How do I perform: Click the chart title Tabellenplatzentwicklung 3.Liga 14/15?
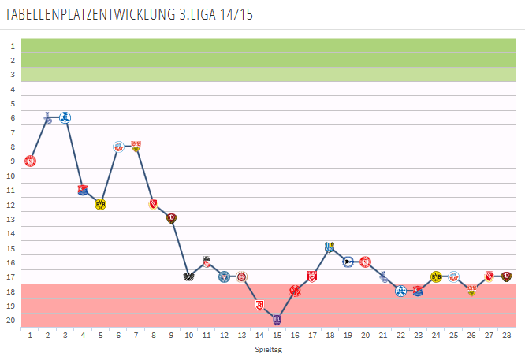pos(130,15)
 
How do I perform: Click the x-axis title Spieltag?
pos(269,349)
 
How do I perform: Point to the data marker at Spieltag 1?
pos(30,161)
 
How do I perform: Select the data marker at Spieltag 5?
pos(100,204)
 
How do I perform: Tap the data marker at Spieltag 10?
pos(188,276)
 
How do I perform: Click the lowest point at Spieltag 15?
pos(277,319)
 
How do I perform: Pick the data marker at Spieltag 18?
pos(330,247)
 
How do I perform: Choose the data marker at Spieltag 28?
pos(506,276)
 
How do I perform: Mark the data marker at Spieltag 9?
pos(171,218)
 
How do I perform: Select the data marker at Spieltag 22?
pos(400,291)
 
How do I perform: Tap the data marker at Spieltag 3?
pos(65,117)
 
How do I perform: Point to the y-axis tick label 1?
pos(13,46)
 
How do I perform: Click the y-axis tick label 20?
pos(11,320)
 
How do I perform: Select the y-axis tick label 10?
pos(11,176)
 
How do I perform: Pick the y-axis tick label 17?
pos(11,276)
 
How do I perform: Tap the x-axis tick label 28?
pos(506,335)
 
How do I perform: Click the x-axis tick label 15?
pos(277,335)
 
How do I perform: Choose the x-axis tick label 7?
pos(136,335)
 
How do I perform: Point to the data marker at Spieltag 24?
pos(436,276)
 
